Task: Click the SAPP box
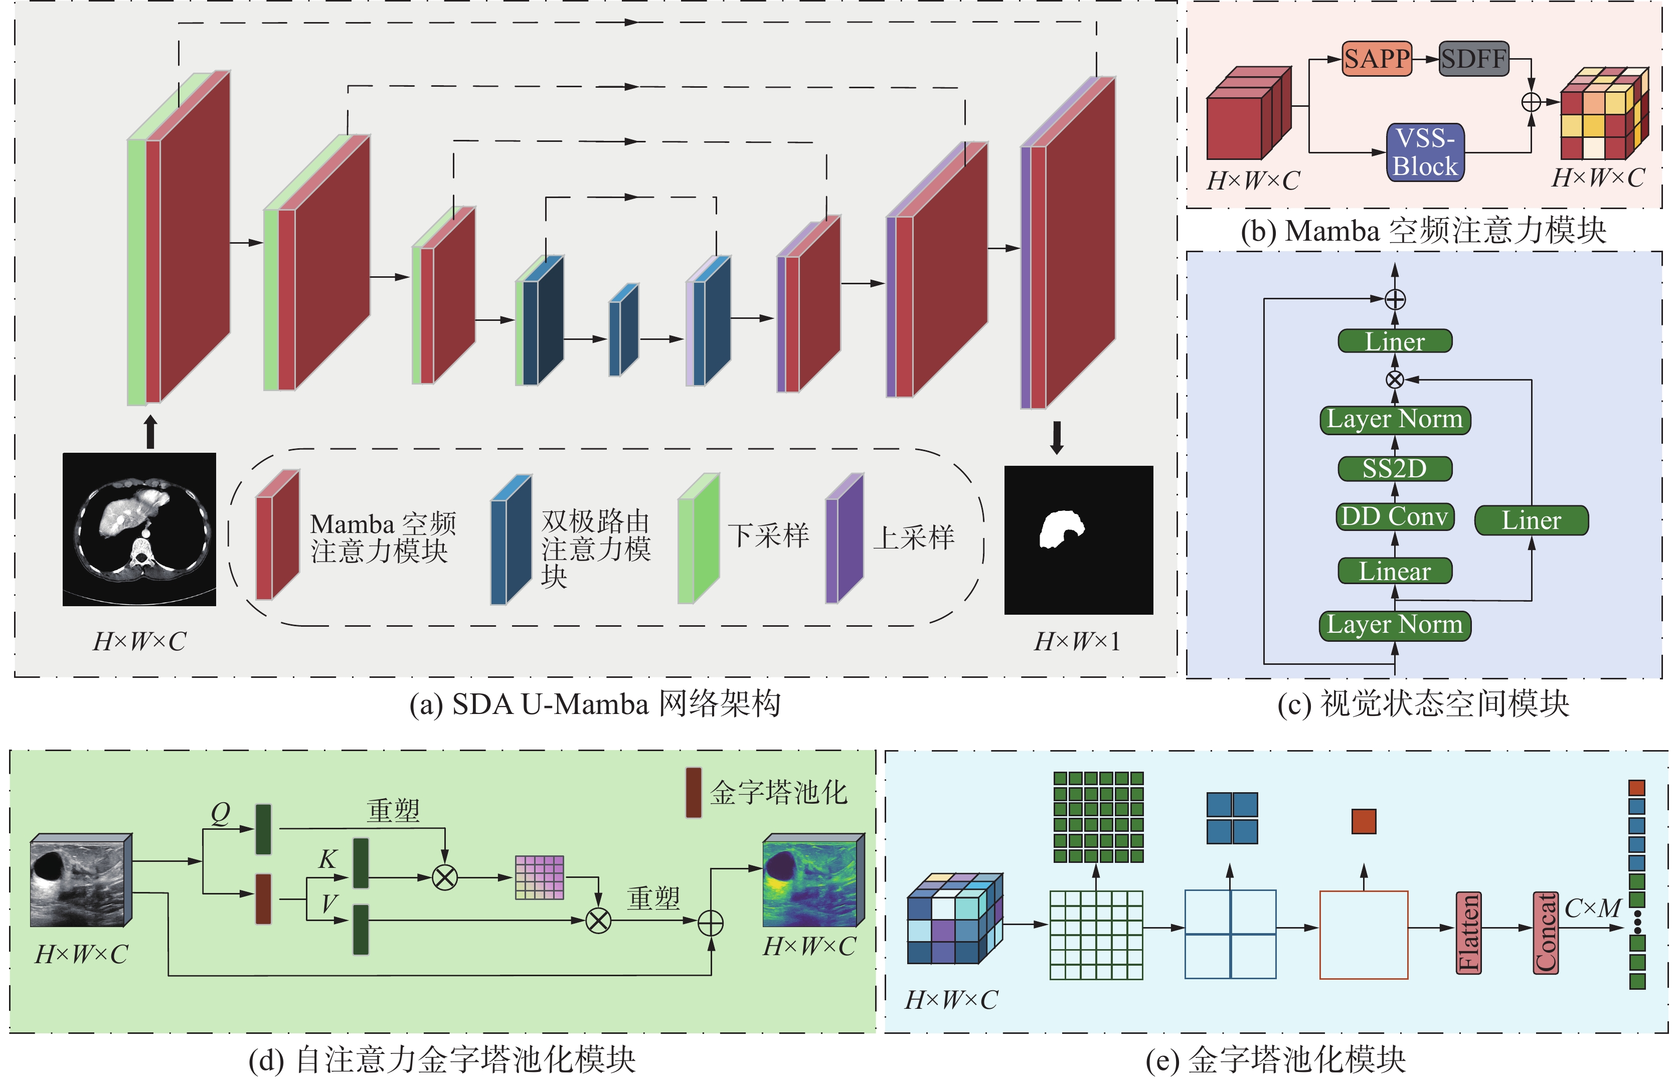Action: (1377, 58)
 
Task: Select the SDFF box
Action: (1474, 58)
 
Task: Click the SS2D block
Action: (1395, 468)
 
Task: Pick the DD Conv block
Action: (1395, 517)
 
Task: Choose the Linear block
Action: (1395, 571)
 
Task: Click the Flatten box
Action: (1468, 932)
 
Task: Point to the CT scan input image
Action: (139, 529)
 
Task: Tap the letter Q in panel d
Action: (220, 813)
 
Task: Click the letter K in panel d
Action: (327, 859)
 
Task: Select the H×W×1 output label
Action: (1077, 641)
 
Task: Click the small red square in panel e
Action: (1364, 821)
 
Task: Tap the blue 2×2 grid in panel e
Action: (1232, 818)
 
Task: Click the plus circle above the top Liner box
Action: (1395, 299)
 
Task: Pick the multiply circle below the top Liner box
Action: (1395, 380)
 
